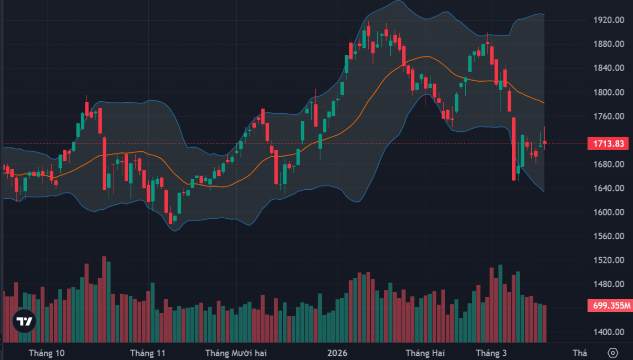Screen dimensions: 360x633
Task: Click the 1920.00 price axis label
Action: coord(606,20)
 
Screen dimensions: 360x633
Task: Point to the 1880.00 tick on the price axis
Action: coord(606,44)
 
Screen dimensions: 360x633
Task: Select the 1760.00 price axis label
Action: coord(606,116)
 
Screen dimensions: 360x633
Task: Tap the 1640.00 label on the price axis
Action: coord(606,189)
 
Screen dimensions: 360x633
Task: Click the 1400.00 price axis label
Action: coord(606,333)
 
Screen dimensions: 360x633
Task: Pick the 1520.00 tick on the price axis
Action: coord(606,260)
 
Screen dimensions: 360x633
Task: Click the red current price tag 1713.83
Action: coord(608,144)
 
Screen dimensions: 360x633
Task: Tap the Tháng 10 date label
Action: coord(47,353)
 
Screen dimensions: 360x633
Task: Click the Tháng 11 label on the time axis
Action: coord(148,353)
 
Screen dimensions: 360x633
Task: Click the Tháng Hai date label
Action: coord(425,353)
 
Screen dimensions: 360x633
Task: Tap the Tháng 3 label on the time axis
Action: coord(491,353)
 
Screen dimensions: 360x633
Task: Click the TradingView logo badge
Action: coord(24,321)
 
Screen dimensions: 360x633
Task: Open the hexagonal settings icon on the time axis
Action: coord(612,353)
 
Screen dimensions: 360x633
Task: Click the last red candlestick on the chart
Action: coord(545,142)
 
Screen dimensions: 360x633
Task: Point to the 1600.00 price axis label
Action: coord(606,212)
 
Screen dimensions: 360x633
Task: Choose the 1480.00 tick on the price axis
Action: coord(606,285)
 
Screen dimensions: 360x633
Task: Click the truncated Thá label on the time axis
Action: coord(579,353)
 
